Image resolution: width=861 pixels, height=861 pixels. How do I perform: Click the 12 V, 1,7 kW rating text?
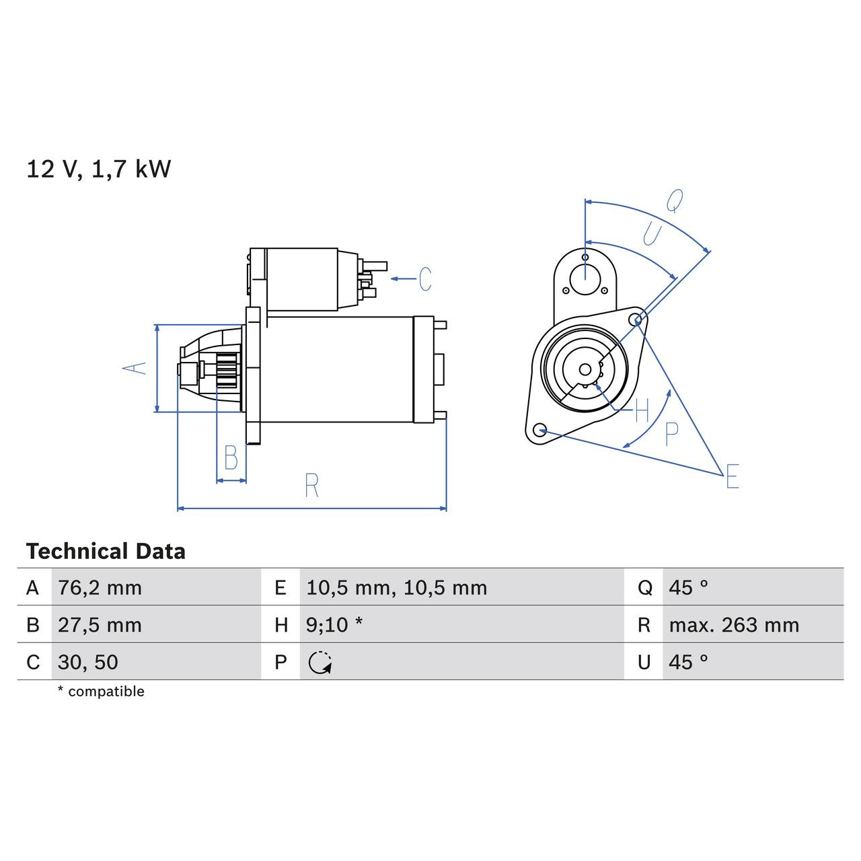99,169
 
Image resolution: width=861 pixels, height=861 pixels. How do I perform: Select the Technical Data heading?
106,552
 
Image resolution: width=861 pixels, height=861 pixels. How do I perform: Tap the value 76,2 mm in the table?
100,588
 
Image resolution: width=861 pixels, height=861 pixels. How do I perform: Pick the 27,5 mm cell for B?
100,625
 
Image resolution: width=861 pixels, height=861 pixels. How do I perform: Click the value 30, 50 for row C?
88,662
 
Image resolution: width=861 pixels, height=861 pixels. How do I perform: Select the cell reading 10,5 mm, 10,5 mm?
396,588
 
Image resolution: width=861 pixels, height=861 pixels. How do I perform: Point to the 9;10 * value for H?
334,625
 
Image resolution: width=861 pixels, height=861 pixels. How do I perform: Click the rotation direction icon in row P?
320,663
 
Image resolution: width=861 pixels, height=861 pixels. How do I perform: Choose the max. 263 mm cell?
734,625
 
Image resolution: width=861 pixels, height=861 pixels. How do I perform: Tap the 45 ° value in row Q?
688,588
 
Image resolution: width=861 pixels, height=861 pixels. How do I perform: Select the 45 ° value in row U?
688,662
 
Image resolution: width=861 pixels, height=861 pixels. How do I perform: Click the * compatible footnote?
101,691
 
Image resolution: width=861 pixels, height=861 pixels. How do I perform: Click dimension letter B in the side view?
231,458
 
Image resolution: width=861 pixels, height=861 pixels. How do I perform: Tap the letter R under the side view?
311,486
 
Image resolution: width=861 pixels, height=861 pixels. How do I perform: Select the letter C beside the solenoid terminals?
425,278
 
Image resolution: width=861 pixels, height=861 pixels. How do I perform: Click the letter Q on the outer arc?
675,200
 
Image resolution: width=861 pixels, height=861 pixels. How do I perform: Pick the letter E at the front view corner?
733,476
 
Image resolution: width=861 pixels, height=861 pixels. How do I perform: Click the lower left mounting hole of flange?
539,429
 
